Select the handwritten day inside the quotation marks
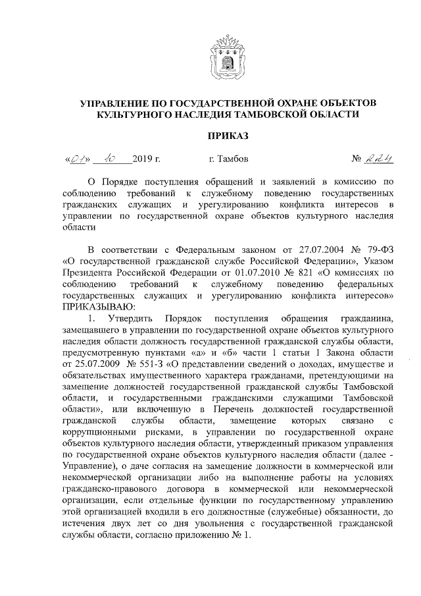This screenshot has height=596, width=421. click(x=78, y=158)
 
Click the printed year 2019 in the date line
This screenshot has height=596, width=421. click(x=141, y=159)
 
